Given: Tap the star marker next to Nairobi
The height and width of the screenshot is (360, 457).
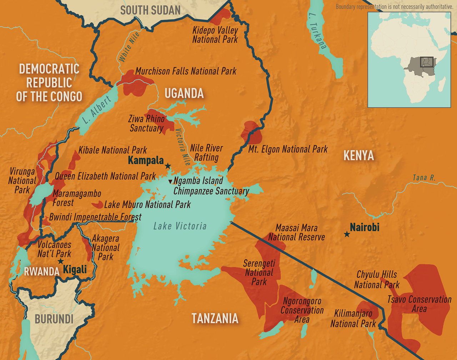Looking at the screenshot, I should coord(346,234).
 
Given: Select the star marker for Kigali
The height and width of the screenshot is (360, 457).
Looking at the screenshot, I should coord(61,262).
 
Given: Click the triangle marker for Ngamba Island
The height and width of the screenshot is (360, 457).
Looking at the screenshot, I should coord(171,181).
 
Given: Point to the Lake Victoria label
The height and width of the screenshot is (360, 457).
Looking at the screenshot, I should coord(180,226).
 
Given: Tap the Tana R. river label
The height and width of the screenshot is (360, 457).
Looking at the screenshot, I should coord(424,177).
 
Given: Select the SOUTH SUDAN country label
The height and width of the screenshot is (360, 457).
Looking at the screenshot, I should coord(150,10).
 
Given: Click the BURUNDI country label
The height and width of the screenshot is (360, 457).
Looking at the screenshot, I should coord(54,319).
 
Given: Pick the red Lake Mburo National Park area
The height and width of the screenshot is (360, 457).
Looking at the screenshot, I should coord(97,205).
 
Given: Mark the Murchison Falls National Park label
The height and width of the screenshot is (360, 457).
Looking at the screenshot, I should coord(186,71).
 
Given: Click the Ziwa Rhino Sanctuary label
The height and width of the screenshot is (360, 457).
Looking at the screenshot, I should coord(147,123).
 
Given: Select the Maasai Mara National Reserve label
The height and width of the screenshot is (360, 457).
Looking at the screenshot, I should coord(296,232).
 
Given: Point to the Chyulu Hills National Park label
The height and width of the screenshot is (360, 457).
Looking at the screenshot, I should coord(377,280).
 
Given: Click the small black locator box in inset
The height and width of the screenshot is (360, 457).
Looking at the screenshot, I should coord(427,62).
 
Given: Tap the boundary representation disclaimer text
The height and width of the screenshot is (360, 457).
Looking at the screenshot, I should coord(394,7).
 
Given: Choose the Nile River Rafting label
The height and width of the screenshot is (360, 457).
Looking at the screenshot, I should coord(206,152).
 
